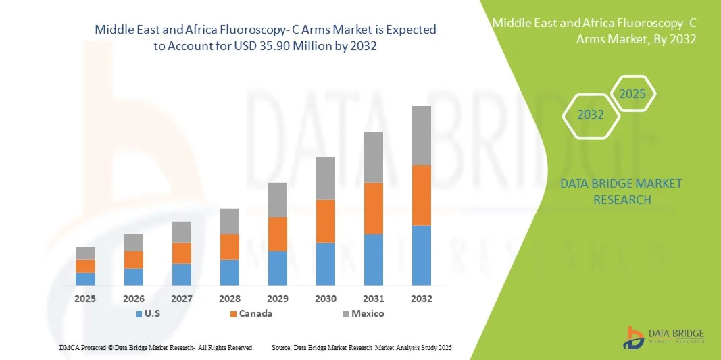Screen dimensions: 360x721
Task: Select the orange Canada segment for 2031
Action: point(374,208)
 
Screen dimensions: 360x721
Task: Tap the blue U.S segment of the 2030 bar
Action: point(326,263)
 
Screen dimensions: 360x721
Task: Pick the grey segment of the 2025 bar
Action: point(85,253)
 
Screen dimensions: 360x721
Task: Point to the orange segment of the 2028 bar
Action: point(230,247)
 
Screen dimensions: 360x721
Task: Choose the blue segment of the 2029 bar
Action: point(278,267)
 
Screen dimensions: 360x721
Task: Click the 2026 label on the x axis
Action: point(134,298)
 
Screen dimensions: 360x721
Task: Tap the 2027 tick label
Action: point(182,298)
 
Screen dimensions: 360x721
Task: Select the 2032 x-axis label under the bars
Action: point(422,298)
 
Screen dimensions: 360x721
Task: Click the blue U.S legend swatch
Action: point(139,314)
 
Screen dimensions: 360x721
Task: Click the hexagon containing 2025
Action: point(632,94)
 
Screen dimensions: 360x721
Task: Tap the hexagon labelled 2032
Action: point(591,115)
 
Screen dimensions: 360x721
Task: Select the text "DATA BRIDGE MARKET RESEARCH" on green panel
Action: point(622,191)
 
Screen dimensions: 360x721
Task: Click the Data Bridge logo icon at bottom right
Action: point(635,338)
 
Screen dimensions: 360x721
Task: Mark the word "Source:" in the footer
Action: point(281,347)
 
